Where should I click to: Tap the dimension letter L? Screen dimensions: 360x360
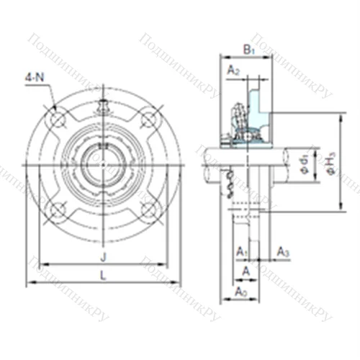(103, 274)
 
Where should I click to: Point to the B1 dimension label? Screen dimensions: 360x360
(248, 50)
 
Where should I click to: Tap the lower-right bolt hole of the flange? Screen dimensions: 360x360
(149, 210)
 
